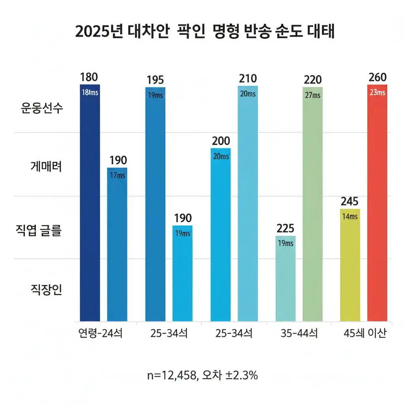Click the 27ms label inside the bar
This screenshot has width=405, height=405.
(312, 95)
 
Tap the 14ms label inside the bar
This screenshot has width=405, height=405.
(350, 216)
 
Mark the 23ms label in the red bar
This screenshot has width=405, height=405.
(377, 93)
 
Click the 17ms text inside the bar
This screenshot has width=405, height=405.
(117, 176)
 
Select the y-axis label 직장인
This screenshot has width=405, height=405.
(46, 291)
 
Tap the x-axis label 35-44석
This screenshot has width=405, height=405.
(299, 333)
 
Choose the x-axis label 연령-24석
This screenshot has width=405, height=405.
(100, 333)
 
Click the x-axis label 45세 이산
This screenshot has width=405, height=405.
(365, 333)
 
